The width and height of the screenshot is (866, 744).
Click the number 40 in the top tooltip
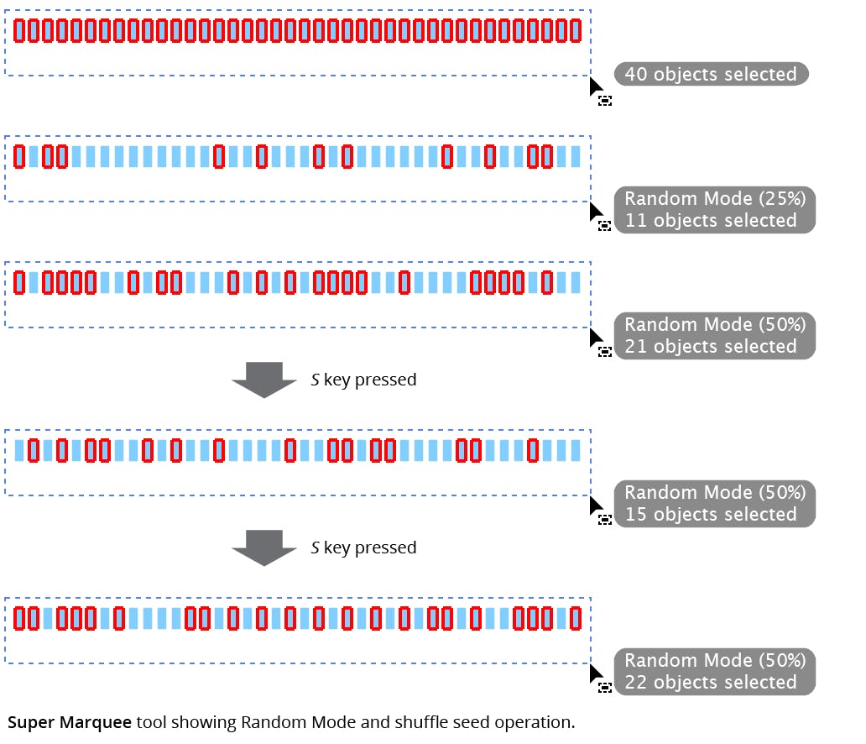coord(636,75)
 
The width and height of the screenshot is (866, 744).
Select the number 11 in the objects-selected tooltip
coord(635,221)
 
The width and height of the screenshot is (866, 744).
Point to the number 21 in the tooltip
coord(636,347)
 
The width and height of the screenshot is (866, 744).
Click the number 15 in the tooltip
coord(636,515)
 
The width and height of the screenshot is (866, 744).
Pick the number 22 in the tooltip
coord(636,683)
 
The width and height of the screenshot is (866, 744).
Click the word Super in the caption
coord(31,722)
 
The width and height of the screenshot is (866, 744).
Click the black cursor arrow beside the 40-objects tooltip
coord(595,86)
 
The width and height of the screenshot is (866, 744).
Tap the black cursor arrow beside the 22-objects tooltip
coord(595,673)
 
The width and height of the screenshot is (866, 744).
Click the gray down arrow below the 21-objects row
coord(264,380)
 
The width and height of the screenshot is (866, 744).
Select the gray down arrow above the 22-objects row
coord(264,548)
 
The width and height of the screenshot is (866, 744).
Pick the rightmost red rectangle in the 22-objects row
coord(576,618)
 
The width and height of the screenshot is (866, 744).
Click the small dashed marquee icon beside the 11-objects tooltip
coord(604,226)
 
